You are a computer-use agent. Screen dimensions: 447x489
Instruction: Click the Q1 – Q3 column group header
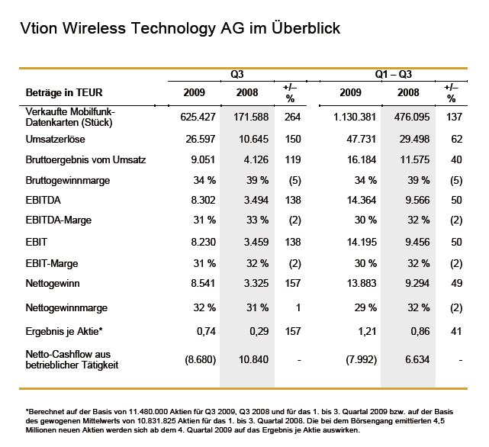(x=394, y=75)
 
